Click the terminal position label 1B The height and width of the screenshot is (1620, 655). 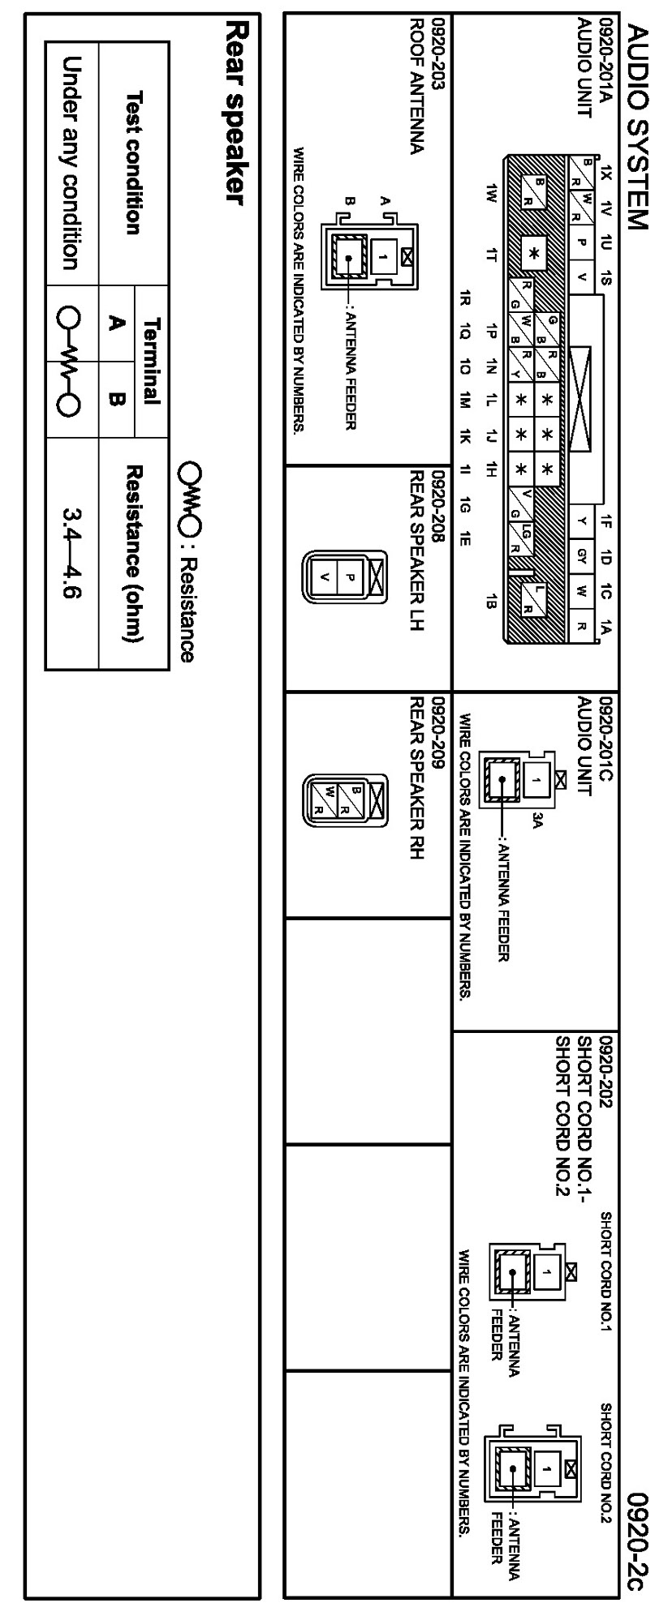(490, 600)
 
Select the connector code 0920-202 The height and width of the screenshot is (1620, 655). (604, 1071)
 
